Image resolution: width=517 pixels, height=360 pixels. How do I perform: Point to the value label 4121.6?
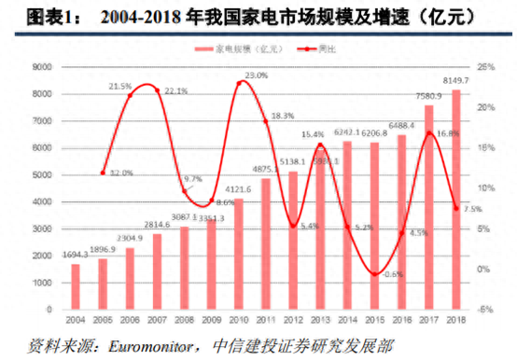click(x=239, y=189)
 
